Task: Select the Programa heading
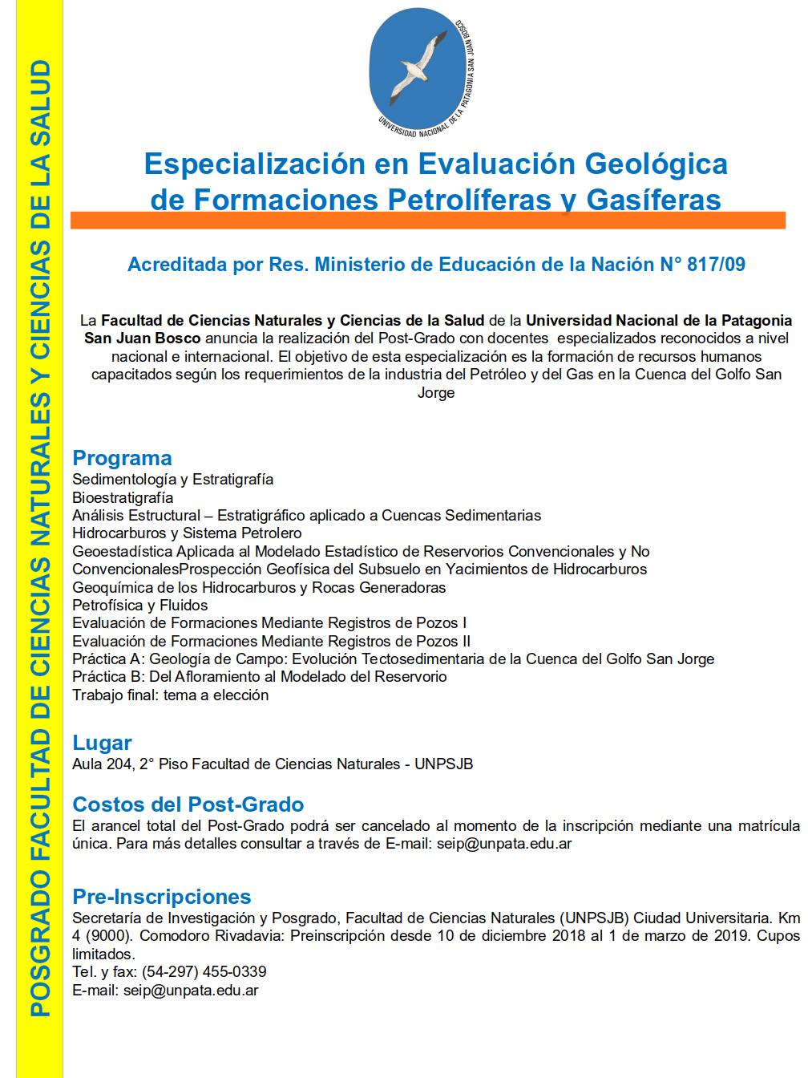pos(122,458)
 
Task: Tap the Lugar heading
pos(102,743)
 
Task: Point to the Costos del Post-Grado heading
pos(188,804)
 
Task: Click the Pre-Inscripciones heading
pos(162,896)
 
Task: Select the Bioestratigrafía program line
pos(123,497)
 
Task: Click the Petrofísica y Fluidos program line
pos(140,605)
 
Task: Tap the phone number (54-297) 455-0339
pos(204,972)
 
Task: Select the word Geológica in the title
pos(656,164)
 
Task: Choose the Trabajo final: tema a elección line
pos(170,695)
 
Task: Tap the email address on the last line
pos(190,991)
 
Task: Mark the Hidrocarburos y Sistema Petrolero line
pos(187,533)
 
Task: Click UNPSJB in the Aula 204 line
pos(443,764)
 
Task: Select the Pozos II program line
pos(271,641)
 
